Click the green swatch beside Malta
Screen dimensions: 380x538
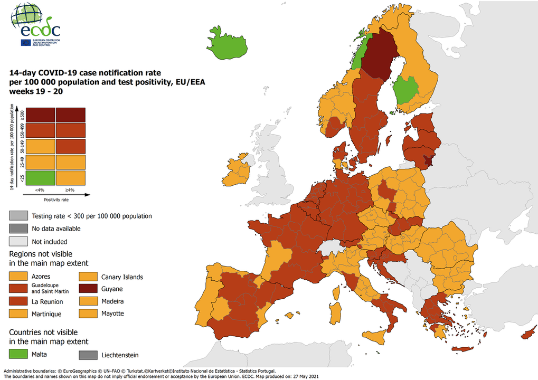pos(18,355)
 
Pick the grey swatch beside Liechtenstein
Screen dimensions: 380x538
pos(89,355)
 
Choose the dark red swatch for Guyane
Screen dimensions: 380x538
pos(89,289)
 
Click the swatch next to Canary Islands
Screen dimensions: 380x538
pos(89,277)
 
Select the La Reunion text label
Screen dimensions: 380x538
pos(48,302)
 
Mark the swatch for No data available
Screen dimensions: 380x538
pos(18,229)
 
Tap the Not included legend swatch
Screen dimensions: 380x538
pos(18,241)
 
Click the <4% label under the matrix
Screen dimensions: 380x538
pos(40,190)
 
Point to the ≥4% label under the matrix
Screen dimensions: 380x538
pos(70,190)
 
